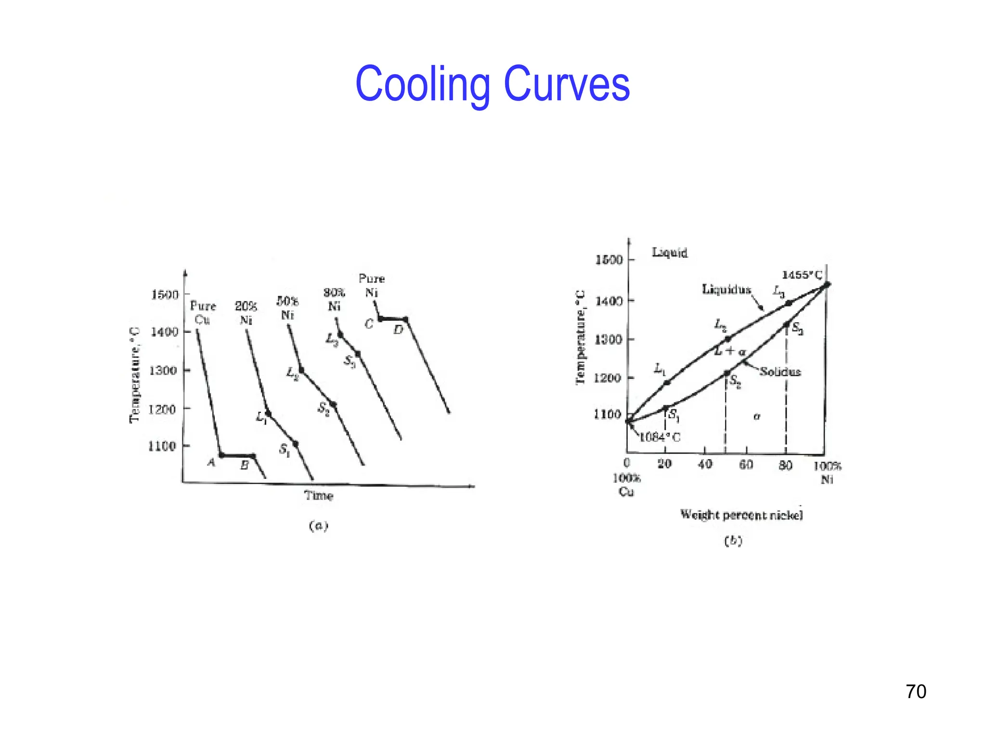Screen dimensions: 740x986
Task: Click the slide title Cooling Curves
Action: pos(492,85)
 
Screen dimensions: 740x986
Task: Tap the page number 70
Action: pos(916,691)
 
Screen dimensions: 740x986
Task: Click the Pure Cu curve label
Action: pos(203,313)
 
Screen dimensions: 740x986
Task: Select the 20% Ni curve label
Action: pos(246,313)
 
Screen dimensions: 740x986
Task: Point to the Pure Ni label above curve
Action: pos(371,285)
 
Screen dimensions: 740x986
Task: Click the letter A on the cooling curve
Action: pos(211,462)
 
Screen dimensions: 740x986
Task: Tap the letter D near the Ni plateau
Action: pos(398,330)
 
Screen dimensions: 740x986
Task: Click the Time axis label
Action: pos(318,495)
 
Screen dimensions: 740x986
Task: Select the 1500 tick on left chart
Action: pos(165,294)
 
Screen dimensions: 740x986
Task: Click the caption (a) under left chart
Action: pos(318,526)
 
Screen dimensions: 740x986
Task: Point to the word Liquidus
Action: pos(726,289)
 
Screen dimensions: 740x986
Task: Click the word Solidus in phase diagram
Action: pos(780,371)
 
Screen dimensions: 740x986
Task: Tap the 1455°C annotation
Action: pos(802,275)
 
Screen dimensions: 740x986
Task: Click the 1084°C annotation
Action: pos(660,437)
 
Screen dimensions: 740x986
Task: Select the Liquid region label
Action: pos(669,252)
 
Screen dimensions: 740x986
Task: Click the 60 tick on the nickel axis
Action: pos(746,464)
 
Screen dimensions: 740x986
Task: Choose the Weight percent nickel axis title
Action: pos(741,515)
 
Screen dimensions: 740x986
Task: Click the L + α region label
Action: pos(730,351)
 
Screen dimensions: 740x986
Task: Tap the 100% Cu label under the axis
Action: pos(626,485)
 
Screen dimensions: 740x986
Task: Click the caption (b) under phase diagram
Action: pos(733,541)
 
